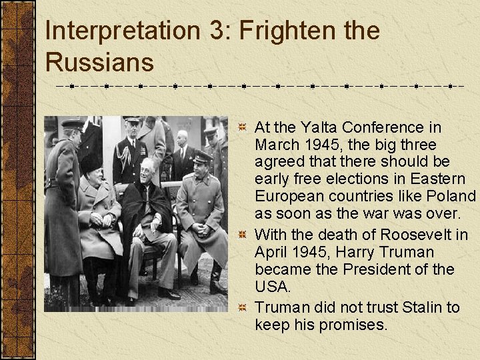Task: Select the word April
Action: tap(271, 252)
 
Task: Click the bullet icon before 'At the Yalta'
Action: tap(243, 127)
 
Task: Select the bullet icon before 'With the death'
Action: tap(243, 235)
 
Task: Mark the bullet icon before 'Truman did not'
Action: tap(243, 307)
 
